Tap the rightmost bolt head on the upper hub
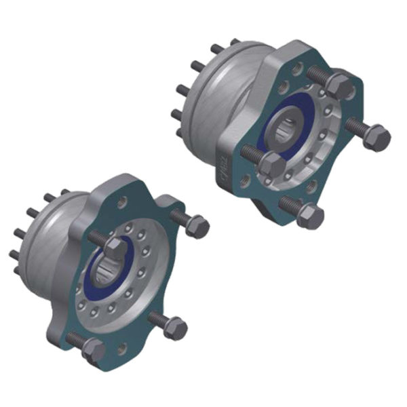[x=375, y=138]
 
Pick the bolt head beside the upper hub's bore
[x=273, y=165]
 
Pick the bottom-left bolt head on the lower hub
[x=92, y=351]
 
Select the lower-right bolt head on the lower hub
[x=175, y=328]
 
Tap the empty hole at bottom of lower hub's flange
[x=123, y=349]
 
